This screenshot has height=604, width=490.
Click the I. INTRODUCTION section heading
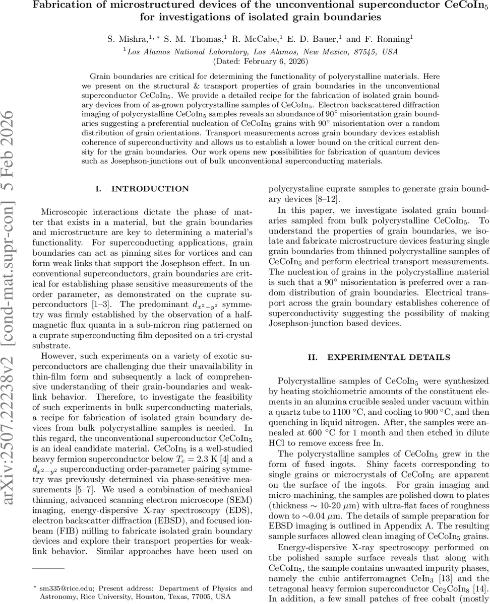point(142,189)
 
